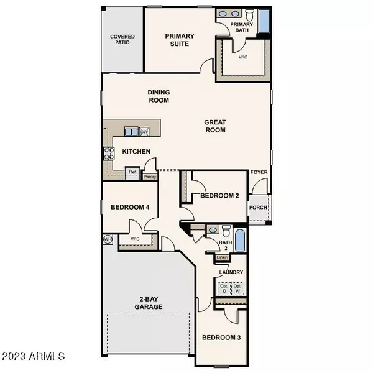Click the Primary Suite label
pyautogui.click(x=180, y=40)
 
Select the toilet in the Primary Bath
pyautogui.click(x=248, y=14)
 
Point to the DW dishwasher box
pyautogui.click(x=144, y=131)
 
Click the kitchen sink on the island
pyautogui.click(x=132, y=131)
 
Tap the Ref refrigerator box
pyautogui.click(x=132, y=173)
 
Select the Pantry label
pyautogui.click(x=150, y=177)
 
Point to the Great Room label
pyautogui.click(x=214, y=126)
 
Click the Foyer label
pyautogui.click(x=258, y=172)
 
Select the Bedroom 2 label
pyautogui.click(x=219, y=196)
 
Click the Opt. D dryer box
pyautogui.click(x=223, y=288)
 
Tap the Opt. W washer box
pyautogui.click(x=237, y=288)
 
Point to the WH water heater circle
pyautogui.click(x=108, y=239)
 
